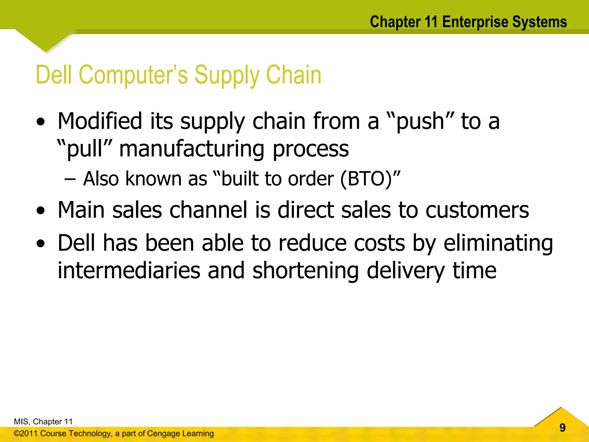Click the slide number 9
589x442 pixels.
pyautogui.click(x=563, y=428)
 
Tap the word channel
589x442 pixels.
pyautogui.click(x=208, y=210)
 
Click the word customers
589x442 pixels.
pyautogui.click(x=477, y=210)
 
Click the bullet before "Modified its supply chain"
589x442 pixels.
pyautogui.click(x=41, y=122)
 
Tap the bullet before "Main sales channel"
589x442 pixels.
pyautogui.click(x=41, y=211)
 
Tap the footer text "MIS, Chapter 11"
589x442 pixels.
pyautogui.click(x=43, y=422)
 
